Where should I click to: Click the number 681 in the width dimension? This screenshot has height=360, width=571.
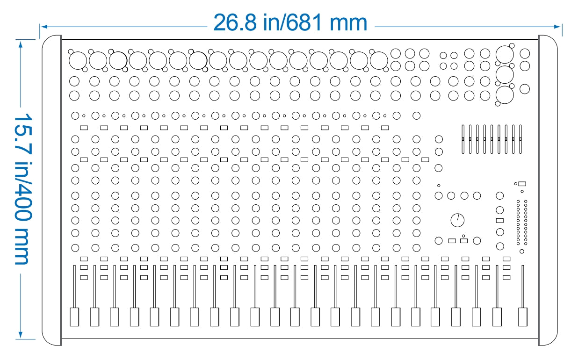304,22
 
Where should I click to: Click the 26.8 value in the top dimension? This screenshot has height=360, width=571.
235,22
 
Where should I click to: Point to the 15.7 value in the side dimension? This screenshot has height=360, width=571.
23,134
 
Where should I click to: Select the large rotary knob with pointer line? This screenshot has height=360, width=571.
457,220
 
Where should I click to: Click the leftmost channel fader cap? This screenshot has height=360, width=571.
74,317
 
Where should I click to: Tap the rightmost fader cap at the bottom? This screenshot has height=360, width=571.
523,317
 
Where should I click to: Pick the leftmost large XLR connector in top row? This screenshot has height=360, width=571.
78,61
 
